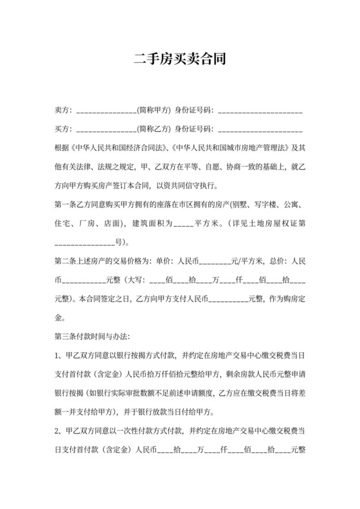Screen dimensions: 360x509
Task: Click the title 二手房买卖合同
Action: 179,60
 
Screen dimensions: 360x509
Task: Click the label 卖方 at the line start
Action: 63,111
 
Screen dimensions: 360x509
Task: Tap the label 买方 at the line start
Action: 63,129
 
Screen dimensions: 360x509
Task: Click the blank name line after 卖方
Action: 106,112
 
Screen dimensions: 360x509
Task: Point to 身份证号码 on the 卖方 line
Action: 194,111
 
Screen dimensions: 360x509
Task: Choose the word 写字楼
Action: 268,206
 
